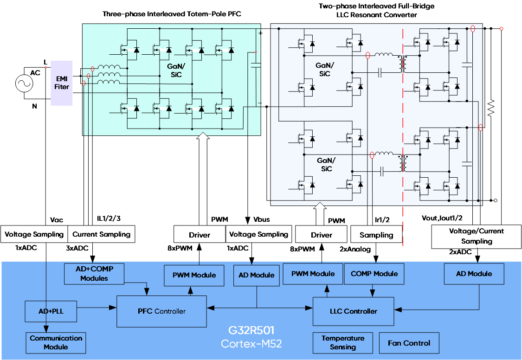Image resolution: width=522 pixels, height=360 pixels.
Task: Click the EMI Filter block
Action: coord(62,83)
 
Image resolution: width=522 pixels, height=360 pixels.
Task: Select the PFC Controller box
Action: coord(161,311)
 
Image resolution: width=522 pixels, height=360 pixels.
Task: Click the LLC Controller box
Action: coord(354,311)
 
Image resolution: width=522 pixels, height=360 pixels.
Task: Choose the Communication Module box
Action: coord(56,342)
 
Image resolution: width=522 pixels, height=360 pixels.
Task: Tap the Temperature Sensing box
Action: coord(343,342)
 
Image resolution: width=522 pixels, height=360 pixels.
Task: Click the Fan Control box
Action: coord(409,343)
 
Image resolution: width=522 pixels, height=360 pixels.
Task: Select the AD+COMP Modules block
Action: coord(94,274)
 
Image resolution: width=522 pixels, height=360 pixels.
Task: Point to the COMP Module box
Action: coord(374,274)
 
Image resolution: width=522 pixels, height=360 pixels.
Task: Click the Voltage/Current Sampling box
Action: coord(477,236)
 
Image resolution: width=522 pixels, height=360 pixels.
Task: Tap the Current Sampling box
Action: coord(102,234)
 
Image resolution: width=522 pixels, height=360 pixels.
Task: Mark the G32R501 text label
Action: coord(251,331)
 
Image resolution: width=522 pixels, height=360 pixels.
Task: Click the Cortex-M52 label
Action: coord(251,344)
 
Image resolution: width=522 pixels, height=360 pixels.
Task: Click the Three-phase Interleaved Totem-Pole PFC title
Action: coord(172,14)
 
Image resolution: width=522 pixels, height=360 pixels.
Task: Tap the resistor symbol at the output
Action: coord(490,108)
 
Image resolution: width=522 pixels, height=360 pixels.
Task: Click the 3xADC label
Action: coord(77,248)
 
